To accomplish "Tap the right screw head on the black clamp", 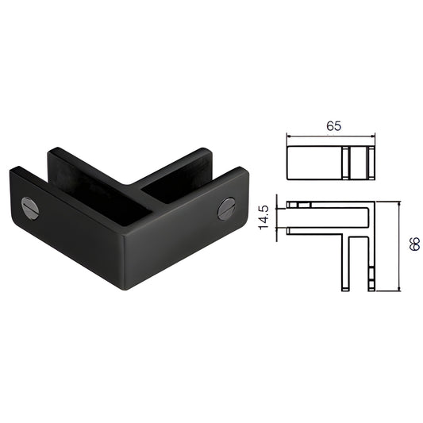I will [227, 210].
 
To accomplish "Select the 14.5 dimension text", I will [263, 217].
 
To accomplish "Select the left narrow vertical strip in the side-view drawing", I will [348, 163].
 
